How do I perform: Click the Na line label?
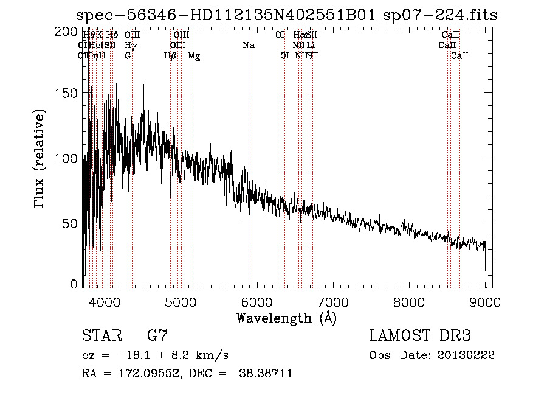248,46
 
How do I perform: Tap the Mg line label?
194,56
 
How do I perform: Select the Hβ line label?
170,56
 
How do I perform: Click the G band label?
128,56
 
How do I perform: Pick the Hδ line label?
112,35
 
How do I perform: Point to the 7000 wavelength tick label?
332,301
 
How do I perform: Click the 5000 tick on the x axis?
180,301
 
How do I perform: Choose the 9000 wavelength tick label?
485,301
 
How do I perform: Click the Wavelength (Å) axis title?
286,318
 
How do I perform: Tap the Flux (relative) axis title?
41,159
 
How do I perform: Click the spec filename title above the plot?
287,15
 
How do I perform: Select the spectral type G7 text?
157,336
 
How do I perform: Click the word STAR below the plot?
101,336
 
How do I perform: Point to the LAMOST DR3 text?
420,336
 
